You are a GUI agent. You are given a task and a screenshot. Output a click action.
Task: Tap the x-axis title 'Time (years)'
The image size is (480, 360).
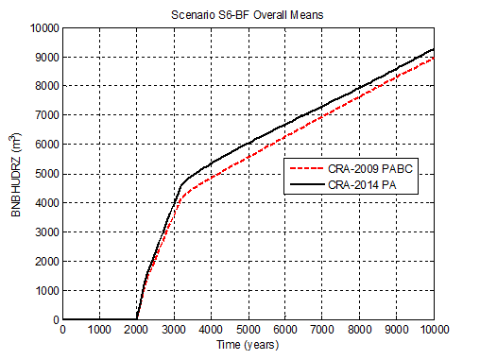(x=248, y=346)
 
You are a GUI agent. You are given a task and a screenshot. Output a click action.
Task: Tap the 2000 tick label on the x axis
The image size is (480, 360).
(x=137, y=330)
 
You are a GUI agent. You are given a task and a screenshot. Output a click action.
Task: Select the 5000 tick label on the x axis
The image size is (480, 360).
(x=248, y=330)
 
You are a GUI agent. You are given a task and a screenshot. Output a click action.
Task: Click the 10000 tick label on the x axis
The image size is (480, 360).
(x=433, y=330)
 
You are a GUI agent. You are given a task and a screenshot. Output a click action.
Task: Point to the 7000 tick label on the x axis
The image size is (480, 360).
(x=322, y=330)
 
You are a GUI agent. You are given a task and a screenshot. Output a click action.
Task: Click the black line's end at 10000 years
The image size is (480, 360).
(x=434, y=49)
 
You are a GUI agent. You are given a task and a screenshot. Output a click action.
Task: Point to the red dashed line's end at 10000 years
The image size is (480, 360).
(x=434, y=58)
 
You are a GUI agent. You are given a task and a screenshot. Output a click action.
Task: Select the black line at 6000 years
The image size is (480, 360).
(x=285, y=124)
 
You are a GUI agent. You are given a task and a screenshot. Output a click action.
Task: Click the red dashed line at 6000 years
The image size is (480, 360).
(x=285, y=137)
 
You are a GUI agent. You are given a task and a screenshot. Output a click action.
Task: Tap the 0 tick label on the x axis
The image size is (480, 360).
(x=62, y=330)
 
